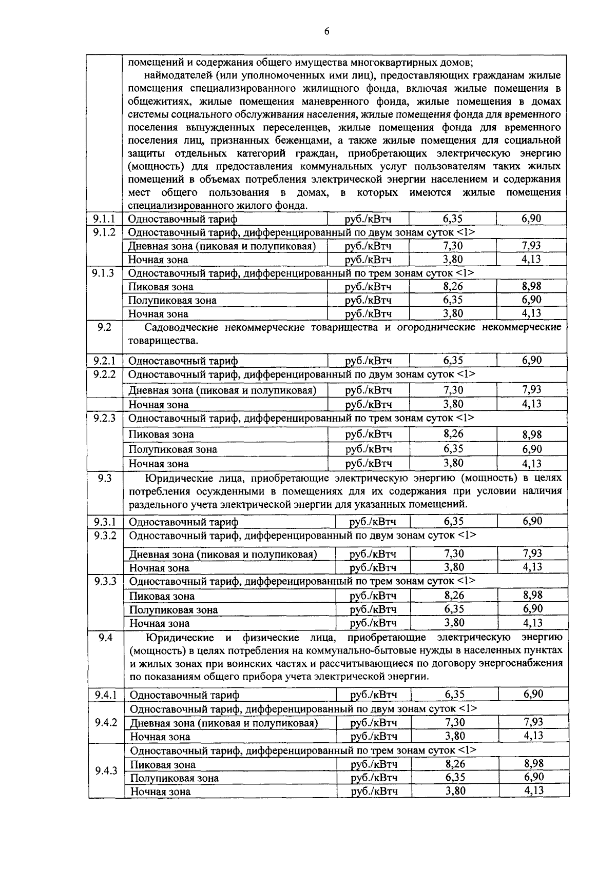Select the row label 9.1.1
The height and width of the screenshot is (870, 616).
point(104,219)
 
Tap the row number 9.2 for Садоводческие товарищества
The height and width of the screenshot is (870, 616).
point(104,327)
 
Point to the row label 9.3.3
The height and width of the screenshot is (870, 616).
point(105,581)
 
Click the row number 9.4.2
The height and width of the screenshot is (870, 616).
point(106,723)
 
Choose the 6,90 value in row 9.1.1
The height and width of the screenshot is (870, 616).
point(531,219)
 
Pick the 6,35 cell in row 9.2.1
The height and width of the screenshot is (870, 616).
point(453,360)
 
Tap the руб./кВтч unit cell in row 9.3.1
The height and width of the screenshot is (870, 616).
point(373,522)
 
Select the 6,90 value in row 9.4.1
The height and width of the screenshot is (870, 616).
point(533,695)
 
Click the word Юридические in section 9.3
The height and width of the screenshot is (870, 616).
point(175,479)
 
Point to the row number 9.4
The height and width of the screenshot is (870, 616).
point(105,638)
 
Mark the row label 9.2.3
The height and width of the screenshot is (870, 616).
point(104,418)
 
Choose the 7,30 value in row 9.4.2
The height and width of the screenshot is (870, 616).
point(455,723)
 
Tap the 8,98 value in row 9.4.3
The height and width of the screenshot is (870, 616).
point(534,764)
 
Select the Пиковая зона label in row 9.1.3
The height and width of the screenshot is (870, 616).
point(161,287)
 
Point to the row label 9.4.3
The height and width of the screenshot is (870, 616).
point(106,771)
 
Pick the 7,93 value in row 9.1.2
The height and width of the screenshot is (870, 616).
point(531,246)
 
